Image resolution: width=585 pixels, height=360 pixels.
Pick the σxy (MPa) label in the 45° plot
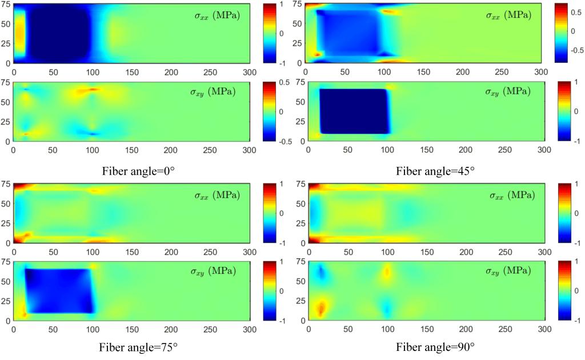tap(510, 91)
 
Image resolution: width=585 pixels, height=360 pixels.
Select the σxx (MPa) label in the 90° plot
tap(510, 195)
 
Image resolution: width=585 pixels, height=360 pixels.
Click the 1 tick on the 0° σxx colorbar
tap(281, 6)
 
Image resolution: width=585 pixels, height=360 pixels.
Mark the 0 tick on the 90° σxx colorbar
tap(575, 213)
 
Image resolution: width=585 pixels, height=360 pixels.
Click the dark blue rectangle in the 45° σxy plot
tap(354, 111)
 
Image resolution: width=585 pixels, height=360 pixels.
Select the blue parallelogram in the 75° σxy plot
tap(57, 290)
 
